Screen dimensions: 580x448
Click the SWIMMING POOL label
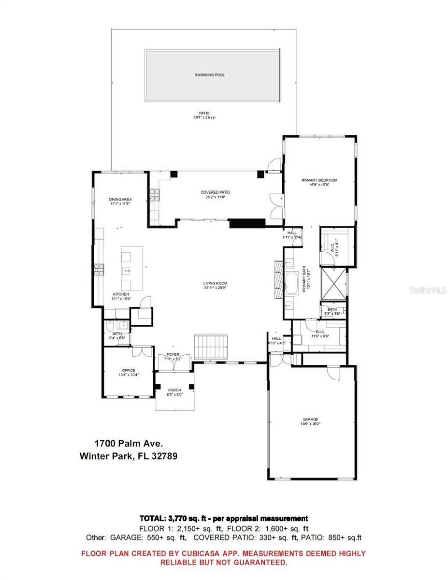[x=210, y=75]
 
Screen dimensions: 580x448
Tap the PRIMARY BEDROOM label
[x=319, y=180]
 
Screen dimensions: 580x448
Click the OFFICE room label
[x=128, y=371]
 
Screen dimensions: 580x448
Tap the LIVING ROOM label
[x=215, y=283]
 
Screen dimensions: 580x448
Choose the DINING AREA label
[x=120, y=199]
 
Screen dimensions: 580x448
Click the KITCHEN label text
[x=121, y=294]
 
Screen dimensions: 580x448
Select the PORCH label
[x=174, y=390]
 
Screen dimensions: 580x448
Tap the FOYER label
[x=173, y=355]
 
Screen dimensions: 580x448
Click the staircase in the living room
[x=211, y=346]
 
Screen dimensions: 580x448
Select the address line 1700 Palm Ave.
[x=129, y=443]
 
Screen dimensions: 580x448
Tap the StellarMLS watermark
[x=427, y=290]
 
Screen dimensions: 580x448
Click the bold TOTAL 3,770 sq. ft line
[x=224, y=518]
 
